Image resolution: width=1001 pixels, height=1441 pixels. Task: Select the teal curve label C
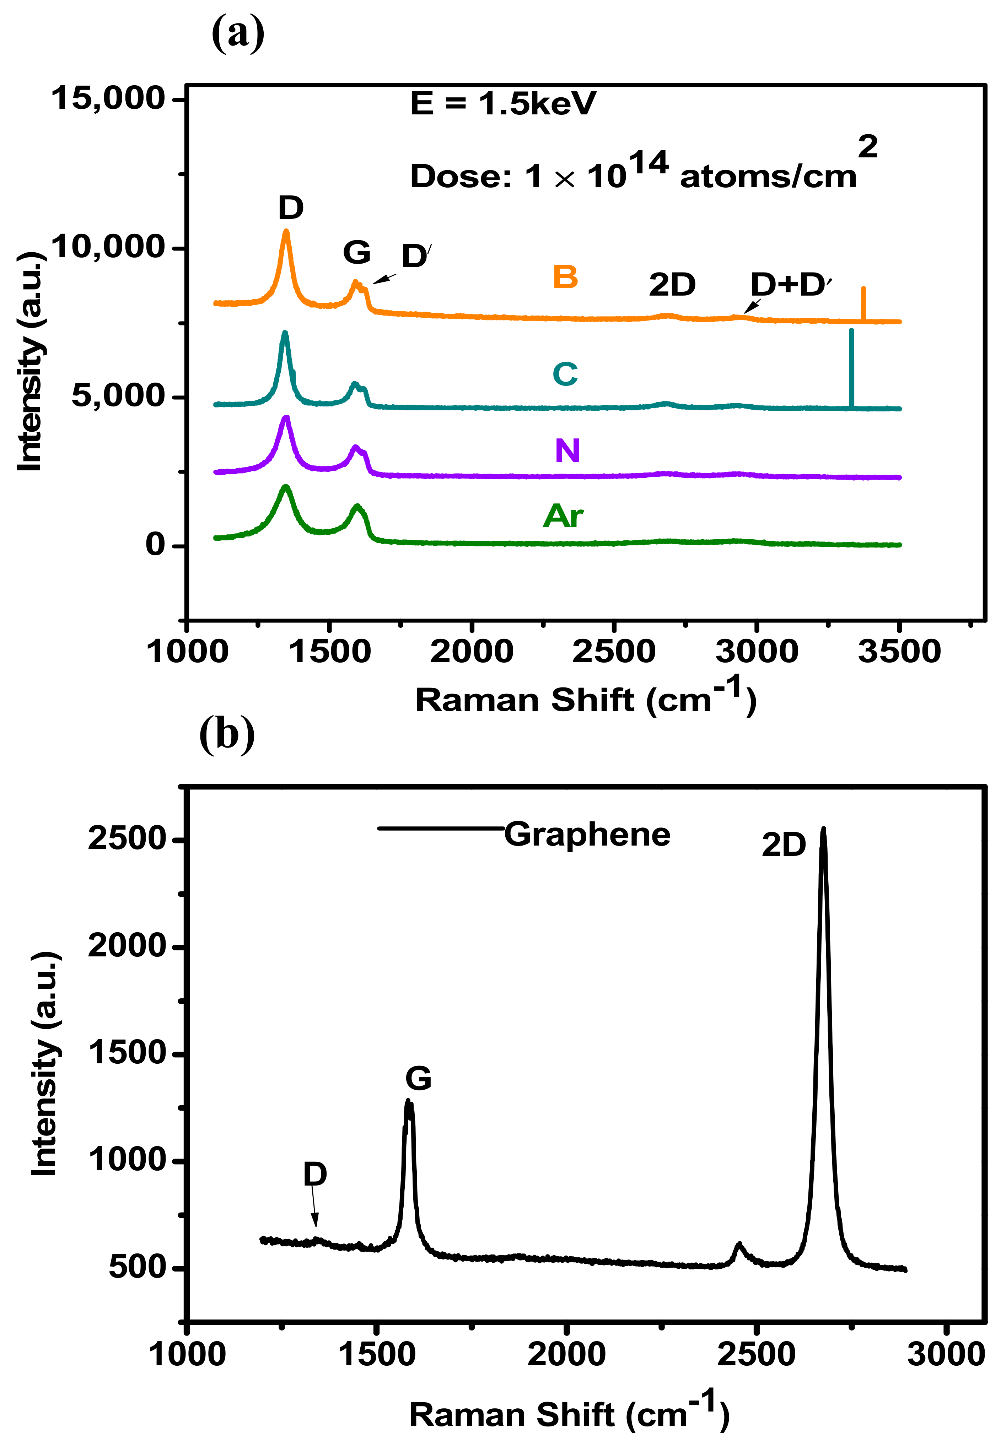[565, 374]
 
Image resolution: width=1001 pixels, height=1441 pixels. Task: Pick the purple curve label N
[567, 450]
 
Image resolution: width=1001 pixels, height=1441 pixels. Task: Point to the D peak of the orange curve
[287, 232]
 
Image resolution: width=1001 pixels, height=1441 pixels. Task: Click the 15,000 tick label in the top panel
[108, 98]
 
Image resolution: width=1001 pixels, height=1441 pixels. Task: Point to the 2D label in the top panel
[672, 285]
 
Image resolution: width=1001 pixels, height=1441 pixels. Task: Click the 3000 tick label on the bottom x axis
[946, 1354]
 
